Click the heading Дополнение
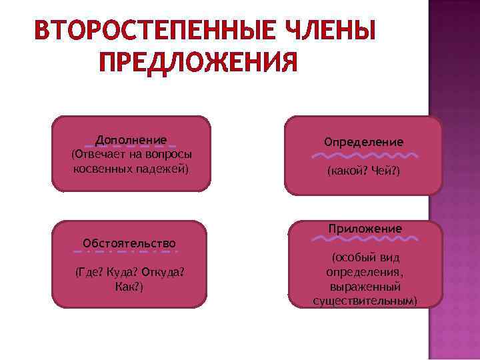click(x=131, y=139)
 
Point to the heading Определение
click(x=363, y=142)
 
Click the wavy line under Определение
click(x=363, y=155)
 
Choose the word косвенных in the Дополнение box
click(x=100, y=169)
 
